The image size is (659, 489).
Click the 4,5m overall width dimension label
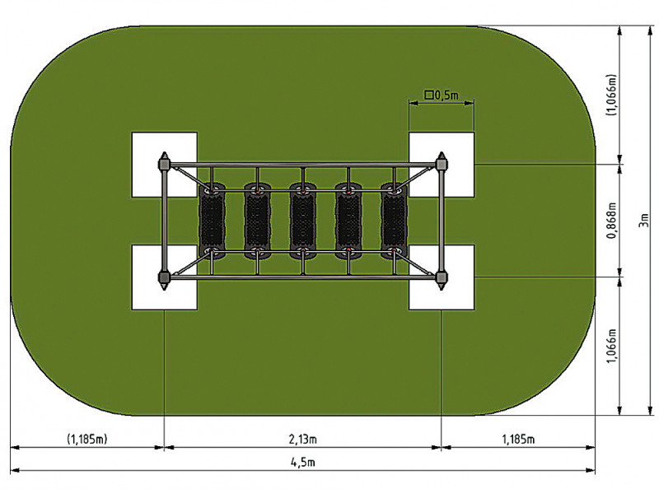[302, 463]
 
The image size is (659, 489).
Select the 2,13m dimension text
[302, 440]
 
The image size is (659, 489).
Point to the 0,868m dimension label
[612, 221]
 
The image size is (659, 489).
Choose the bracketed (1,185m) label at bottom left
[87, 440]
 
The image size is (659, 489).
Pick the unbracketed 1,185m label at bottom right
[519, 440]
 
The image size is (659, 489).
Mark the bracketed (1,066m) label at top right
[611, 95]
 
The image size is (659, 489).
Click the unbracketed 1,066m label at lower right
[612, 346]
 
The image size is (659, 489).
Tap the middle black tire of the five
[302, 221]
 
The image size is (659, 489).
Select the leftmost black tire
[212, 221]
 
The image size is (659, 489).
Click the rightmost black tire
[394, 221]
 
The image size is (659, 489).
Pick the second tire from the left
[257, 221]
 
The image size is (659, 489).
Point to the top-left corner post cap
[164, 163]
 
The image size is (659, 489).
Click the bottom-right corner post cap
[441, 278]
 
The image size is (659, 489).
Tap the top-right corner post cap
[441, 163]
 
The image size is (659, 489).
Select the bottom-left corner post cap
[164, 278]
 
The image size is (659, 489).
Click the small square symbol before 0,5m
[428, 95]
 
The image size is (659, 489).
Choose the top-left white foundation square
[164, 165]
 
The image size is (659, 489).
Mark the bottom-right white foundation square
[442, 277]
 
